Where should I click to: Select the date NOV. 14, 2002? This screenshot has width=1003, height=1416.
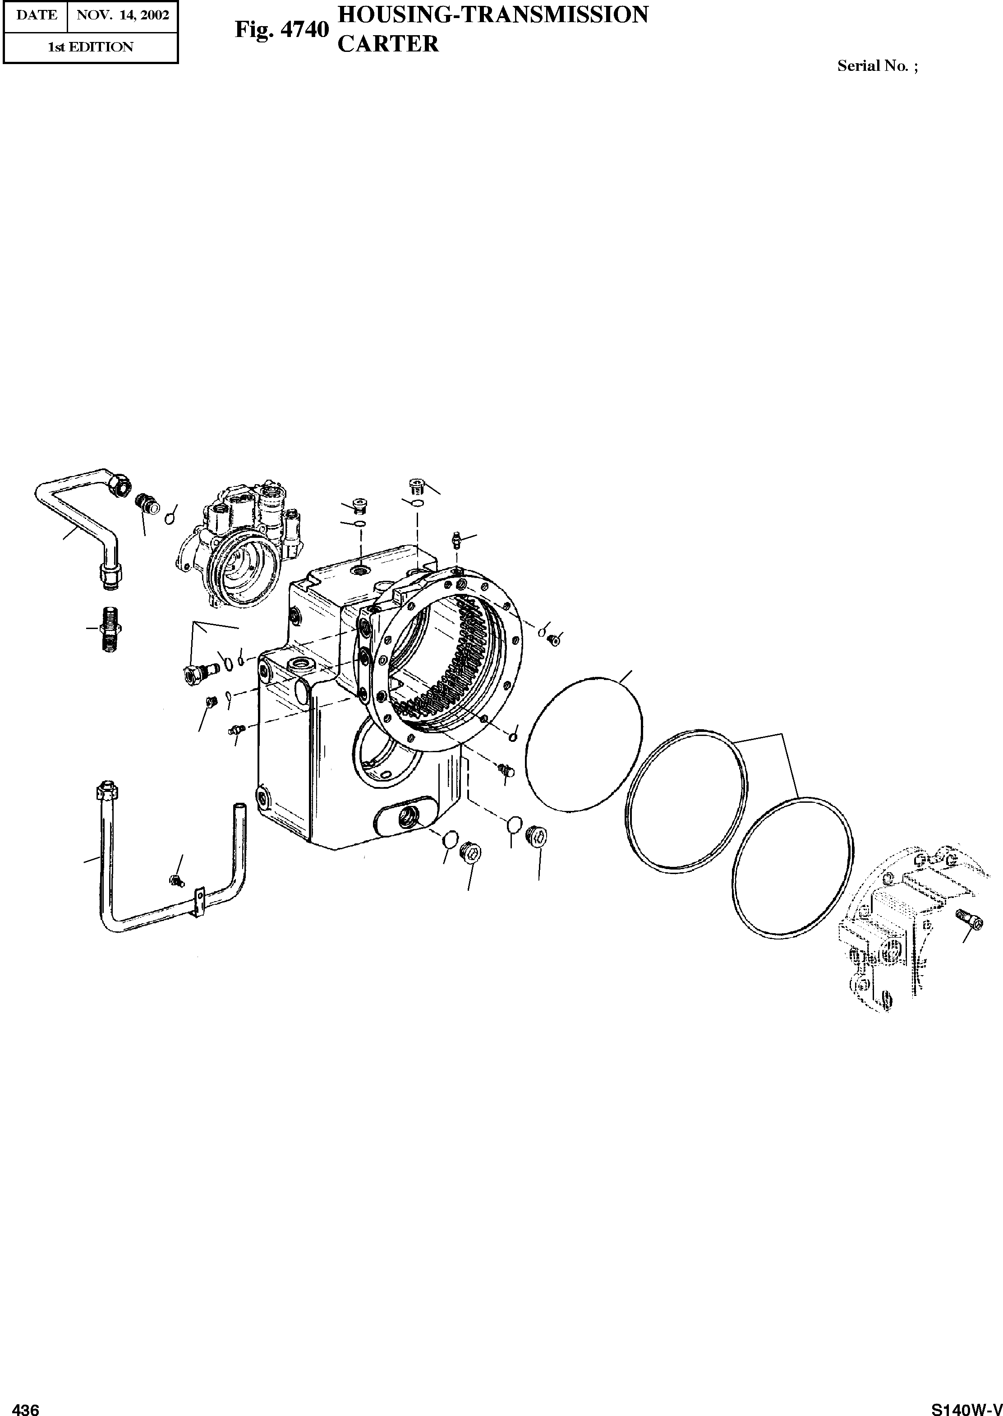click(122, 15)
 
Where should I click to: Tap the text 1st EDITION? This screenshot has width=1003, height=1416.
click(90, 47)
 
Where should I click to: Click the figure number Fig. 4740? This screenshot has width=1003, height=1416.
click(281, 30)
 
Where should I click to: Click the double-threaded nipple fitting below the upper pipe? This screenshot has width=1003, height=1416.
click(109, 629)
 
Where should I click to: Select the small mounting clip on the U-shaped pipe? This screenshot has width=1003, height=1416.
click(199, 902)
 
